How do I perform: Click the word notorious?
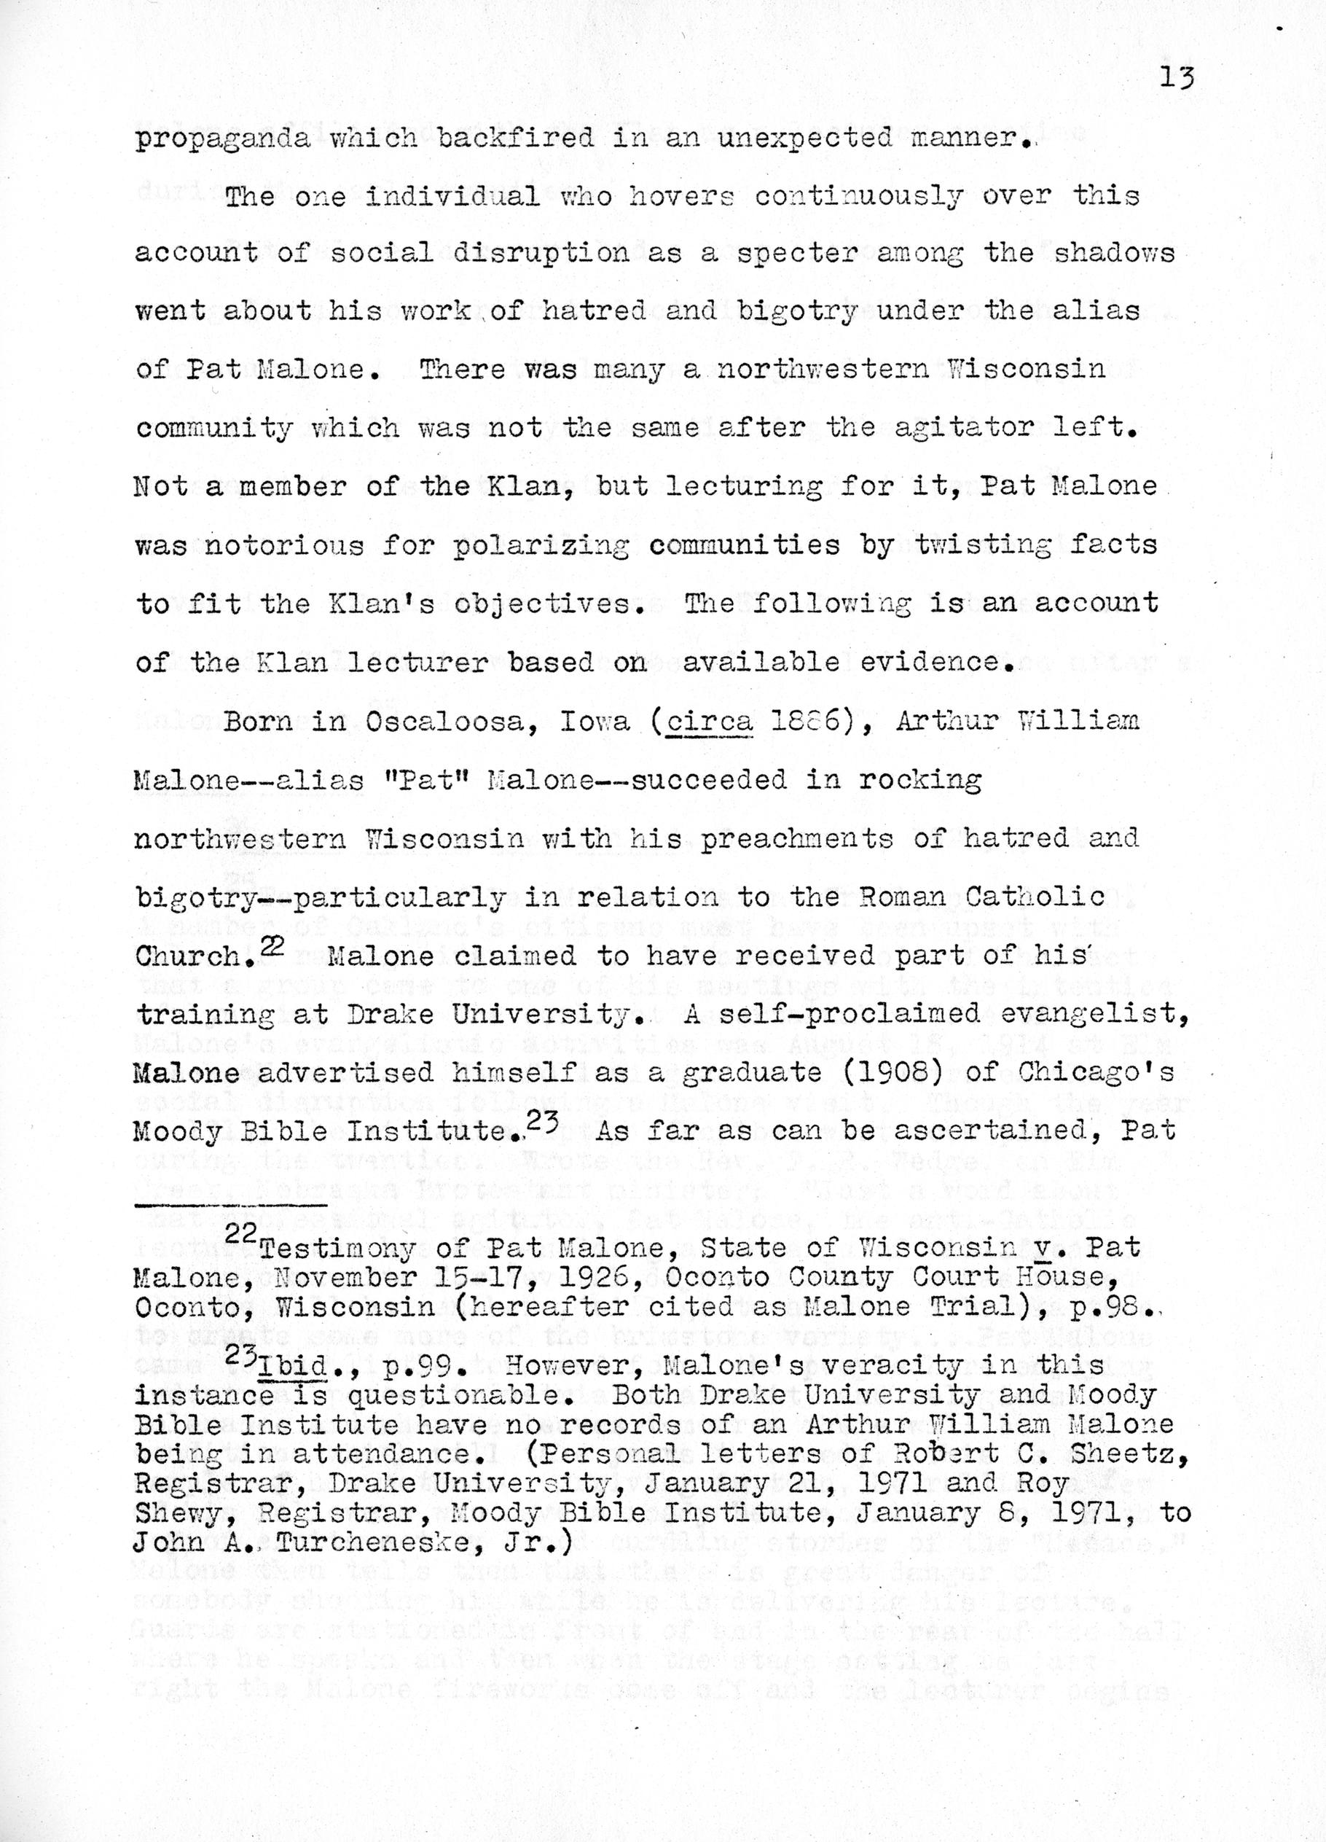[283, 545]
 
